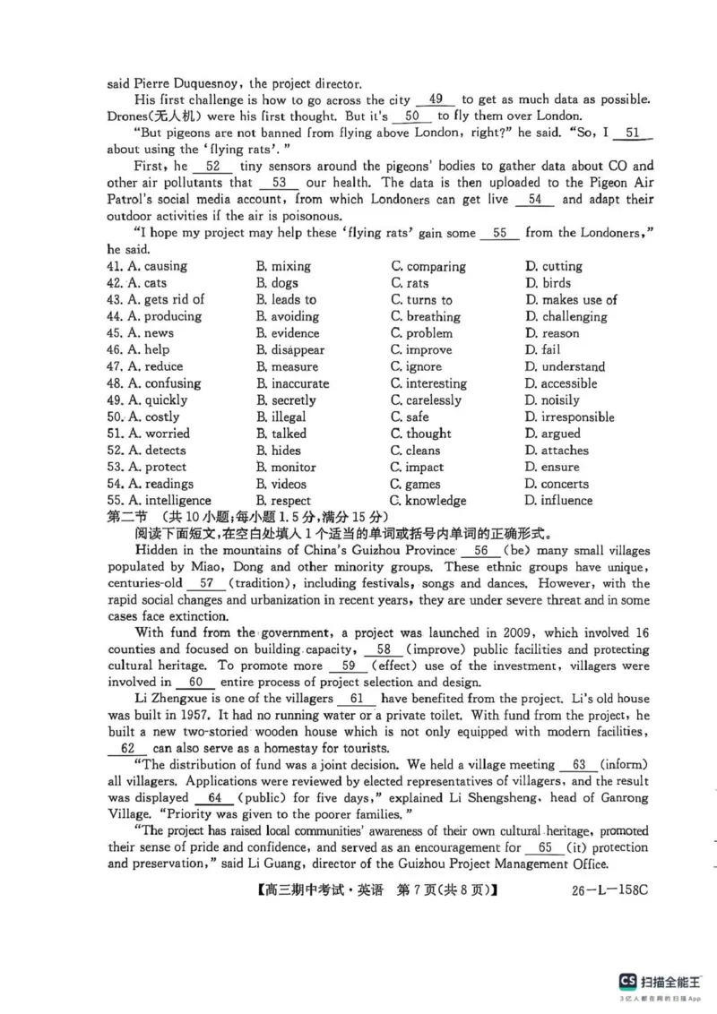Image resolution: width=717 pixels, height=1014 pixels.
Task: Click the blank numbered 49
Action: (x=436, y=99)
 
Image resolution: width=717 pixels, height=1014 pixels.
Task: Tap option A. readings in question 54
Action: (x=154, y=484)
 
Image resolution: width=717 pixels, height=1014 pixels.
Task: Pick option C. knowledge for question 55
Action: (x=428, y=501)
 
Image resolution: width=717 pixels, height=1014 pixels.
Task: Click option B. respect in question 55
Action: (x=283, y=501)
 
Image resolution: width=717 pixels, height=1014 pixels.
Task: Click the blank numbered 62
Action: (x=126, y=748)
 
